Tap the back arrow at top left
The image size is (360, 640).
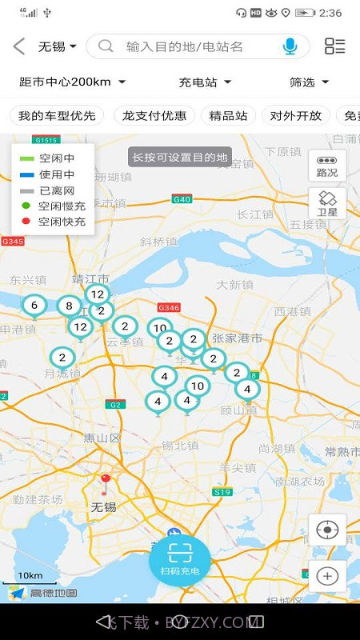[x=19, y=46]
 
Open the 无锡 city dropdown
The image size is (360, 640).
[x=58, y=46]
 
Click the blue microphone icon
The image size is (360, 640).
[x=290, y=46]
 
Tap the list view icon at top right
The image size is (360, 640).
[x=334, y=46]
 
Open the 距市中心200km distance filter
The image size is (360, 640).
[x=72, y=82]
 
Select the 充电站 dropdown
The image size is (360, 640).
[x=205, y=82]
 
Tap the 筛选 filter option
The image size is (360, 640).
[x=309, y=82]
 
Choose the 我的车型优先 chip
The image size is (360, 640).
[x=57, y=115]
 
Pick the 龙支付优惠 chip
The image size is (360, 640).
[x=154, y=115]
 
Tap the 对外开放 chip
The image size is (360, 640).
[x=296, y=115]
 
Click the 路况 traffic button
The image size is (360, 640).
[x=327, y=166]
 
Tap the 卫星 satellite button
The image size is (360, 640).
[x=327, y=204]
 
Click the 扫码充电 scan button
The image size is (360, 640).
[x=180, y=557]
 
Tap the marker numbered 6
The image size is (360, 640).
[x=34, y=306]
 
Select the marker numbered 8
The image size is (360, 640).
[x=69, y=306]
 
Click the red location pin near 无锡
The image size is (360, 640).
[x=105, y=482]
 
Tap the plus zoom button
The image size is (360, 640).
[x=327, y=575]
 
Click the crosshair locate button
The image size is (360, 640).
[x=327, y=530]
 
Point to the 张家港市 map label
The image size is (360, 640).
[x=237, y=338]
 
